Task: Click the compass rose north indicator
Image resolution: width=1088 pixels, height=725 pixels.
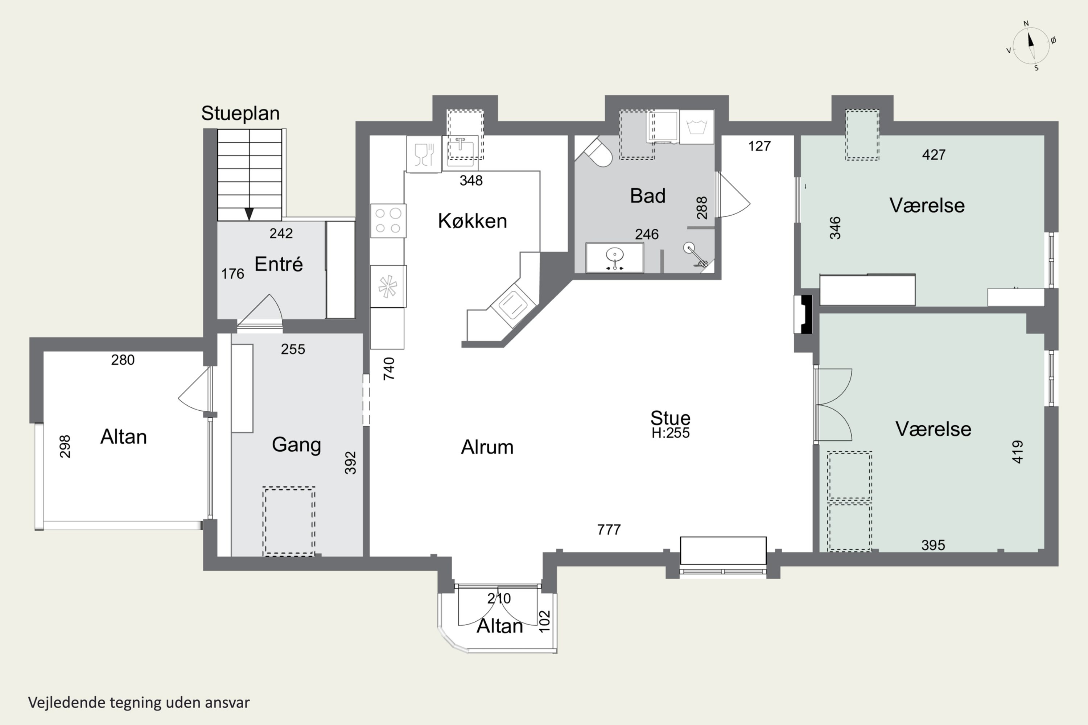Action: coord(1031,40)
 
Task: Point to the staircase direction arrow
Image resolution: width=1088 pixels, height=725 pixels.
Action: coord(249,214)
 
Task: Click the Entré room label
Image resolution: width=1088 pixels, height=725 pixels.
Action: coord(279,264)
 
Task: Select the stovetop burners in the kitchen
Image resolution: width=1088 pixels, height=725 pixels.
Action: coord(388,220)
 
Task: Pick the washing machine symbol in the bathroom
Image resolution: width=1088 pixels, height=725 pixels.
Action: coord(696,127)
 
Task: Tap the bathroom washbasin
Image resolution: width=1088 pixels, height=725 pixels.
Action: coord(614,257)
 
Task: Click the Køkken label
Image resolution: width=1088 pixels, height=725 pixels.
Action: coord(472,221)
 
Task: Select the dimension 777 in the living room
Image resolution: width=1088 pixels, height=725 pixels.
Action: coord(609,529)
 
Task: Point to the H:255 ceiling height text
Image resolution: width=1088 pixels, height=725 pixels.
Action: coord(670,433)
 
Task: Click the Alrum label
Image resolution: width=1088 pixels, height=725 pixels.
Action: coord(487,447)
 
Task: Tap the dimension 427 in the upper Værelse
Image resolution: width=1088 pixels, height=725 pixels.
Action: coord(934,154)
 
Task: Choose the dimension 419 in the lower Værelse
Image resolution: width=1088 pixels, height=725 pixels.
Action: coord(1017,452)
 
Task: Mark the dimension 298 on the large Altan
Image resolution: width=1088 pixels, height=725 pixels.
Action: coord(65,446)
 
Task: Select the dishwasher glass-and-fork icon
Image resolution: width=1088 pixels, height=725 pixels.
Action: coord(424,154)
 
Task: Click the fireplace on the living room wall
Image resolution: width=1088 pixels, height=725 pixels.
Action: coord(804,314)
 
